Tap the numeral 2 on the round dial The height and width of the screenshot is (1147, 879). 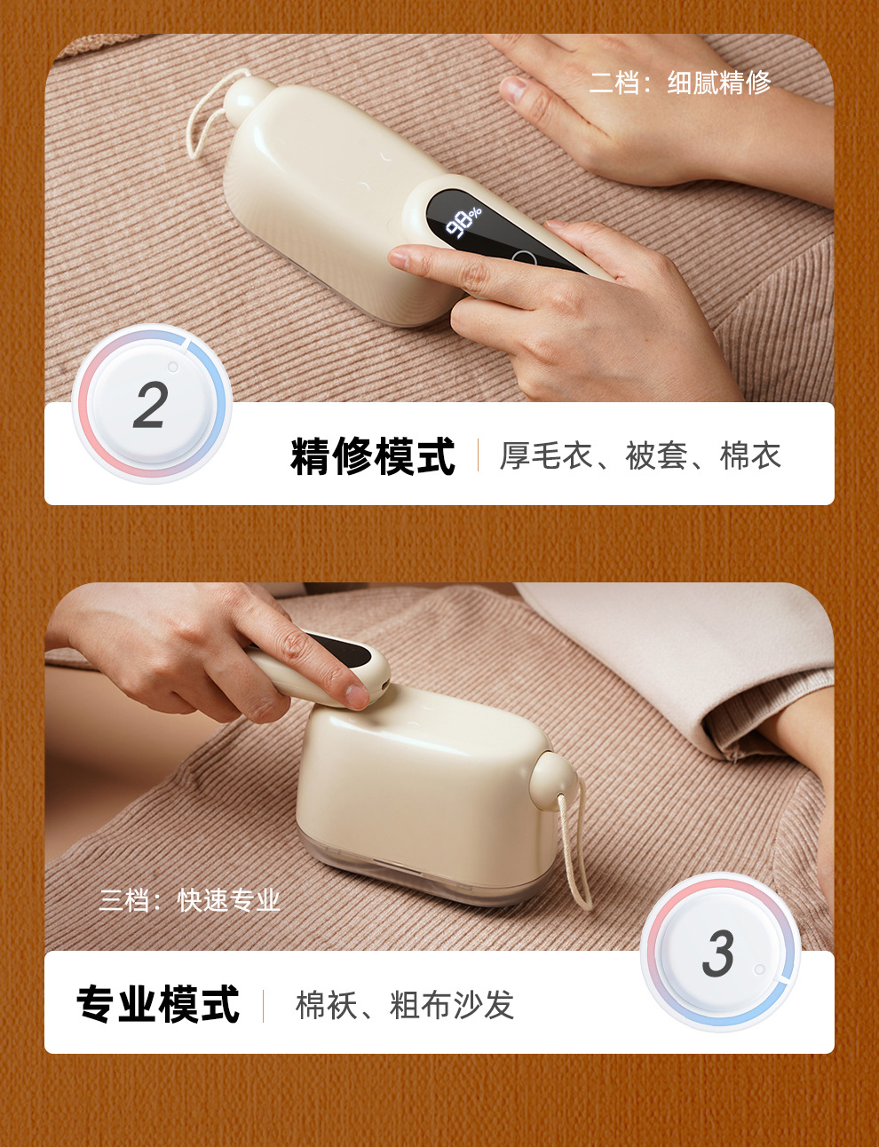151,407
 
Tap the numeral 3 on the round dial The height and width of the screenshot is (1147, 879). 718,954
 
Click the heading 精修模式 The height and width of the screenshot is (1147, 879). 372,456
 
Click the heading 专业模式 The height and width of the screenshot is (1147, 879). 158,1005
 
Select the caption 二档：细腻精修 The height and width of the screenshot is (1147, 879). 680,83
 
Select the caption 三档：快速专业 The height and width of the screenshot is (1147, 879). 189,900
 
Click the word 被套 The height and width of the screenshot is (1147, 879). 657,456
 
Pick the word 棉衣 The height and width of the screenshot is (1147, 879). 750,456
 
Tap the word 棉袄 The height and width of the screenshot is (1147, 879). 326,1006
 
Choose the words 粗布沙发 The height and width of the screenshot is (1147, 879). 452,1006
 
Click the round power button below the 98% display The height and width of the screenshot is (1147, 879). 524,260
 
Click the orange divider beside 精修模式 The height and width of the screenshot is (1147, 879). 478,455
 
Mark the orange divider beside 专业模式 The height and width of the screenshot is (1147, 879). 263,1006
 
